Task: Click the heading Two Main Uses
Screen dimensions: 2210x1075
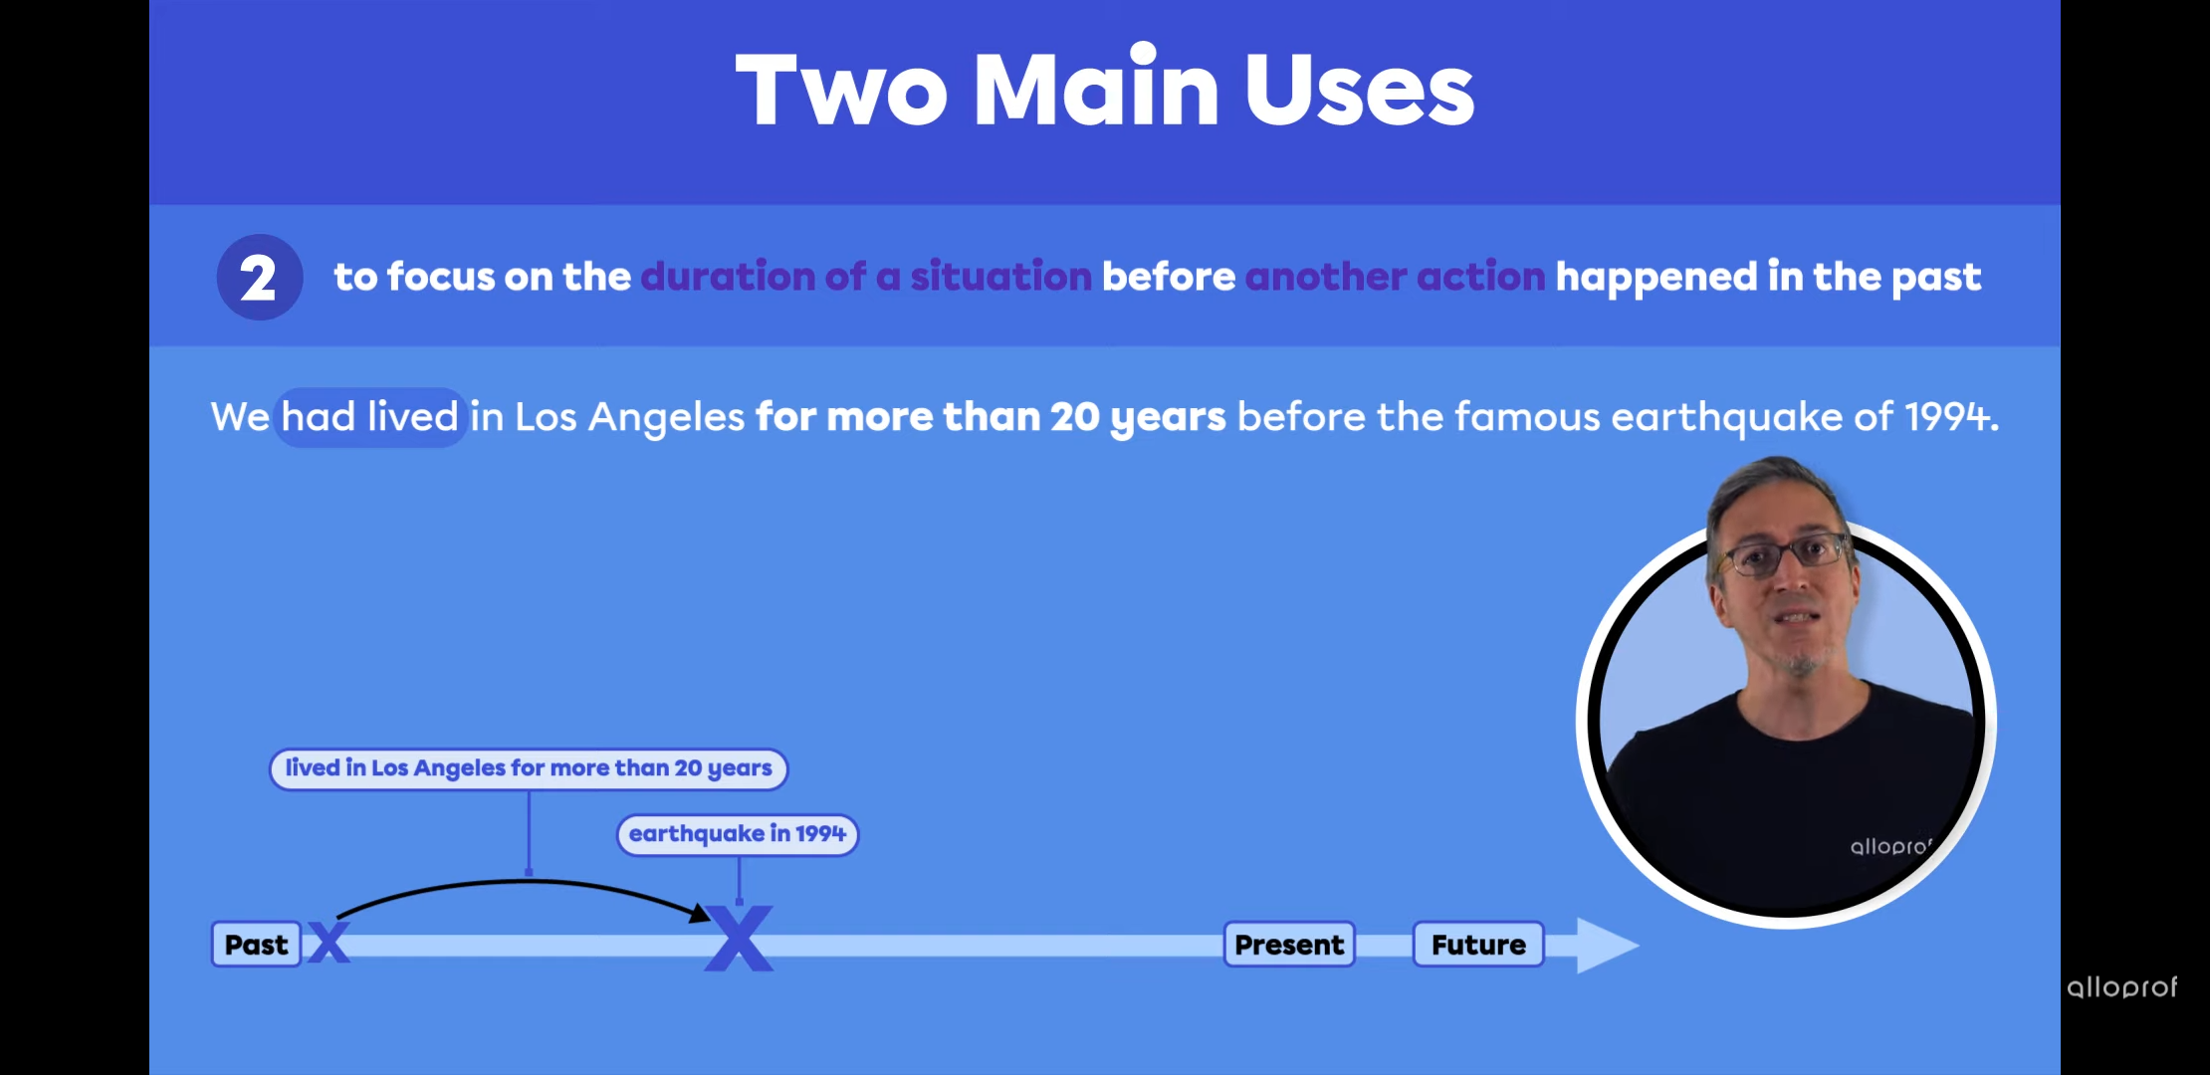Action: tap(1105, 90)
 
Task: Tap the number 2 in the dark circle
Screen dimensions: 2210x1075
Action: tap(259, 278)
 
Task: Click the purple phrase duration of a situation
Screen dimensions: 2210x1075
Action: tap(866, 276)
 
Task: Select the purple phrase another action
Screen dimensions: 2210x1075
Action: tap(1395, 276)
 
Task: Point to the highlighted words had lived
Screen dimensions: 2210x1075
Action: tap(369, 416)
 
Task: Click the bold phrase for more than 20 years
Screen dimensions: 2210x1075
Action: tap(991, 417)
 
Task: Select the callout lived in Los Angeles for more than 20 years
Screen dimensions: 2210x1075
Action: tap(529, 768)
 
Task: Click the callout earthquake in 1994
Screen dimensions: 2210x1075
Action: tap(738, 834)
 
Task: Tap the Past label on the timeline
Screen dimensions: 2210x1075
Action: tap(256, 944)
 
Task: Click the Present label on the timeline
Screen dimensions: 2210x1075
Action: tap(1289, 944)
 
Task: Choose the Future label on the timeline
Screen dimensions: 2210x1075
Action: tap(1478, 944)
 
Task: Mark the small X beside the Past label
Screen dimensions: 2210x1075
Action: tap(329, 943)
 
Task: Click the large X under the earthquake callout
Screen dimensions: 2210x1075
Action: tap(739, 938)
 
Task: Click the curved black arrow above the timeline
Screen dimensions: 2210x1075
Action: tap(528, 882)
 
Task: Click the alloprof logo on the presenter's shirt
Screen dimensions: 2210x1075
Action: tap(1890, 846)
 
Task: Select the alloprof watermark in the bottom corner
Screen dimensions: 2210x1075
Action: tap(2121, 986)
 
